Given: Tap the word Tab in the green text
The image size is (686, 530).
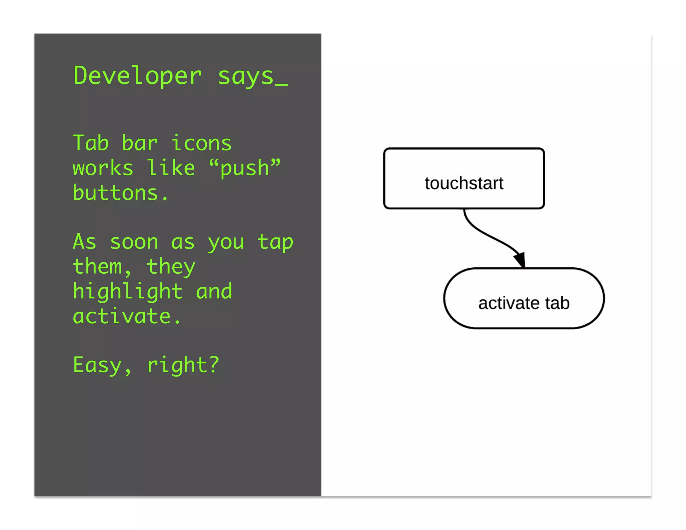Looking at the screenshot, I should [91, 143].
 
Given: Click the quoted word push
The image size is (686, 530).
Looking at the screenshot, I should [245, 168].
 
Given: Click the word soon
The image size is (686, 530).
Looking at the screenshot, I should [134, 242].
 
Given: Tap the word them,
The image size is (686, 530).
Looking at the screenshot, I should [102, 267].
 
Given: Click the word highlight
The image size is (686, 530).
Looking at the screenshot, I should [128, 291].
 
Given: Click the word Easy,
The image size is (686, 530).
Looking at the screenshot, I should [102, 365].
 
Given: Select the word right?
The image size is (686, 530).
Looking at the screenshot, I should [183, 365].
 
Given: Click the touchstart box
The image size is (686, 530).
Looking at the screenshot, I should [464, 179].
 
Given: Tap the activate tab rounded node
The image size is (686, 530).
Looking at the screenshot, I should [524, 298].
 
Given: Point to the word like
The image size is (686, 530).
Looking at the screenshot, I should [171, 168].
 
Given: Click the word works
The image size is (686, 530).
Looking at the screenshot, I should [103, 168].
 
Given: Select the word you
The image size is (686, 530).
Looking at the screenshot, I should [226, 242].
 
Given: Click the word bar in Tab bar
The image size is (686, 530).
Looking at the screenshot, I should [140, 143].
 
